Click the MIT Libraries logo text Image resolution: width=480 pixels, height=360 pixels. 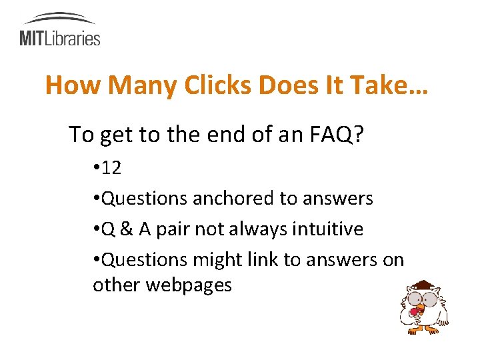[x=59, y=38]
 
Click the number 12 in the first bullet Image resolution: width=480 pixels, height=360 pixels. [x=111, y=168]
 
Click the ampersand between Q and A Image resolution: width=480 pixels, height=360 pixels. [x=126, y=229]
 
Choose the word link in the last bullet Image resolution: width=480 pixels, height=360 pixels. [x=263, y=259]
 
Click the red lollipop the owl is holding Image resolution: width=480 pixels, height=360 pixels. [x=415, y=311]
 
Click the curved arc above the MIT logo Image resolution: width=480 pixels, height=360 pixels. [x=59, y=18]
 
